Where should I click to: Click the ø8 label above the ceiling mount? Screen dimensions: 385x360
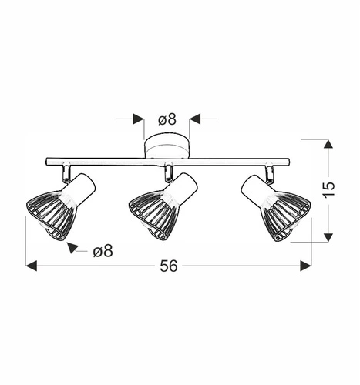pos(167,119)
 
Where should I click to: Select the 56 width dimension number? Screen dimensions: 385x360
pos(169,266)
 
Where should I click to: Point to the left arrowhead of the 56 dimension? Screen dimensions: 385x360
pos(32,266)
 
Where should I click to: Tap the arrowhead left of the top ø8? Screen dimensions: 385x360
pos(139,119)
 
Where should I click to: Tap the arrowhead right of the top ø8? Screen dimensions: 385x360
pos(195,119)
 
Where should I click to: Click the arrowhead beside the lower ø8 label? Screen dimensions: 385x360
pos(73,247)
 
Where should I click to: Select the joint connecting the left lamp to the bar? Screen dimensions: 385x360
pos(68,169)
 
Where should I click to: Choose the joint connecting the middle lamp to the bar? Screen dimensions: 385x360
pos(167,171)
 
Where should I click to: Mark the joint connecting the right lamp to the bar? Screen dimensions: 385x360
pos(270,169)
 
